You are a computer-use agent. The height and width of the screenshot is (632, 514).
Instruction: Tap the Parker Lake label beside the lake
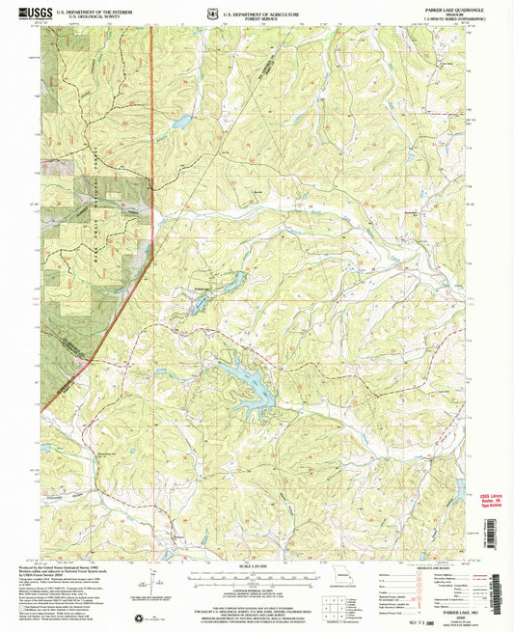199,289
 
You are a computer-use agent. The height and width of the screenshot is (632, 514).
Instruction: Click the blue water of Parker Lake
231,282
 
